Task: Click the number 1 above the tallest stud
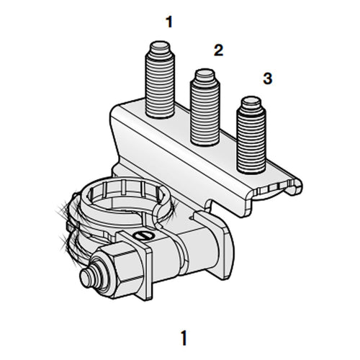pos(169,22)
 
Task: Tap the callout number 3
pos(267,78)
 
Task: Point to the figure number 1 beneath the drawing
pos(186,336)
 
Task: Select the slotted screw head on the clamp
pos(142,235)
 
